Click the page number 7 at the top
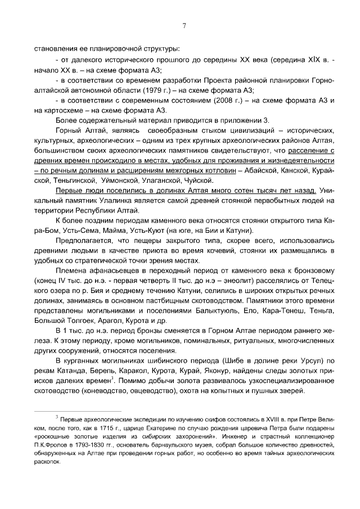(184, 25)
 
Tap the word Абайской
(264, 170)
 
